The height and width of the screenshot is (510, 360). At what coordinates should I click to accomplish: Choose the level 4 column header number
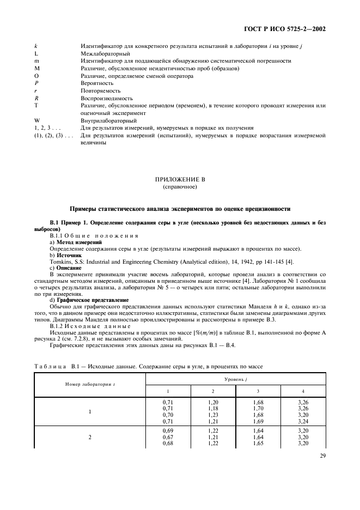303,391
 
